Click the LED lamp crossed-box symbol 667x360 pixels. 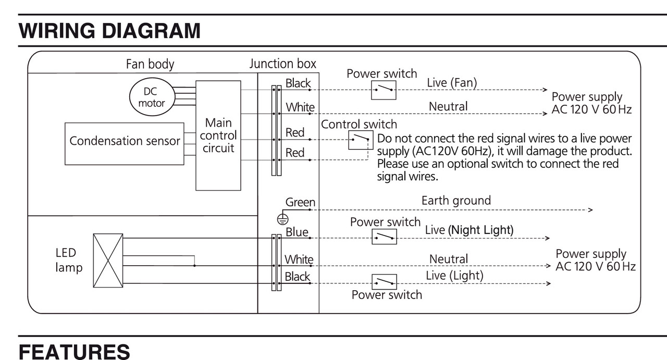(108, 260)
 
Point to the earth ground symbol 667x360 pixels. (282, 219)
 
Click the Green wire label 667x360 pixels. (300, 202)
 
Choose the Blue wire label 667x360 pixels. (297, 232)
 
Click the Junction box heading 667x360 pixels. (282, 64)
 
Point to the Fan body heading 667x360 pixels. (150, 64)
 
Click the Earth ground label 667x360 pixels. (456, 201)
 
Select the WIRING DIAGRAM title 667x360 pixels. (109, 31)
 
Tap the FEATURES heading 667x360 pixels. (74, 352)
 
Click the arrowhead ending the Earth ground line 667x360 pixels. (591, 210)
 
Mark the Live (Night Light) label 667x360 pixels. (469, 230)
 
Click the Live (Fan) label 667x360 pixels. (452, 83)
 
